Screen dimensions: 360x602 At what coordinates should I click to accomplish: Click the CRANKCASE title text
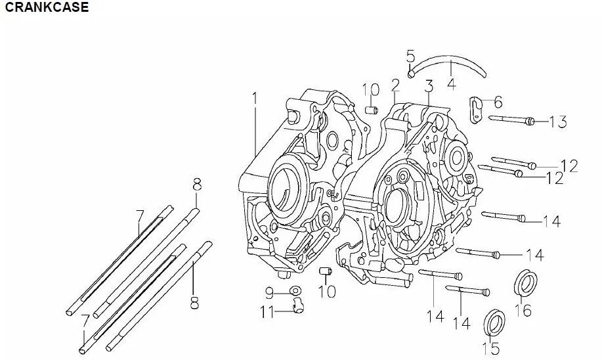point(45,8)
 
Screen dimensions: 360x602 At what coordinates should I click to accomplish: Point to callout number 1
point(255,99)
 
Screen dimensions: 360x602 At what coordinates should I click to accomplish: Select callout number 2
point(395,85)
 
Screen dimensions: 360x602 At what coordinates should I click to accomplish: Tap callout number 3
point(429,86)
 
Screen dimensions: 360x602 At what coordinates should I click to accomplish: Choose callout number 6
point(498,102)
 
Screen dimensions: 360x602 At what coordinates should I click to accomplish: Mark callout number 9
point(269,292)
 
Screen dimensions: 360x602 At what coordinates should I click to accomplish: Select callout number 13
point(558,122)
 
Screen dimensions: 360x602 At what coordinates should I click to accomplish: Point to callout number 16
point(523,309)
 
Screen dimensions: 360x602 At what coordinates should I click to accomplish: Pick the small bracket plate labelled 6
point(477,107)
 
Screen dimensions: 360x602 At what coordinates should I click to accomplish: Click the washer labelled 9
point(295,291)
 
